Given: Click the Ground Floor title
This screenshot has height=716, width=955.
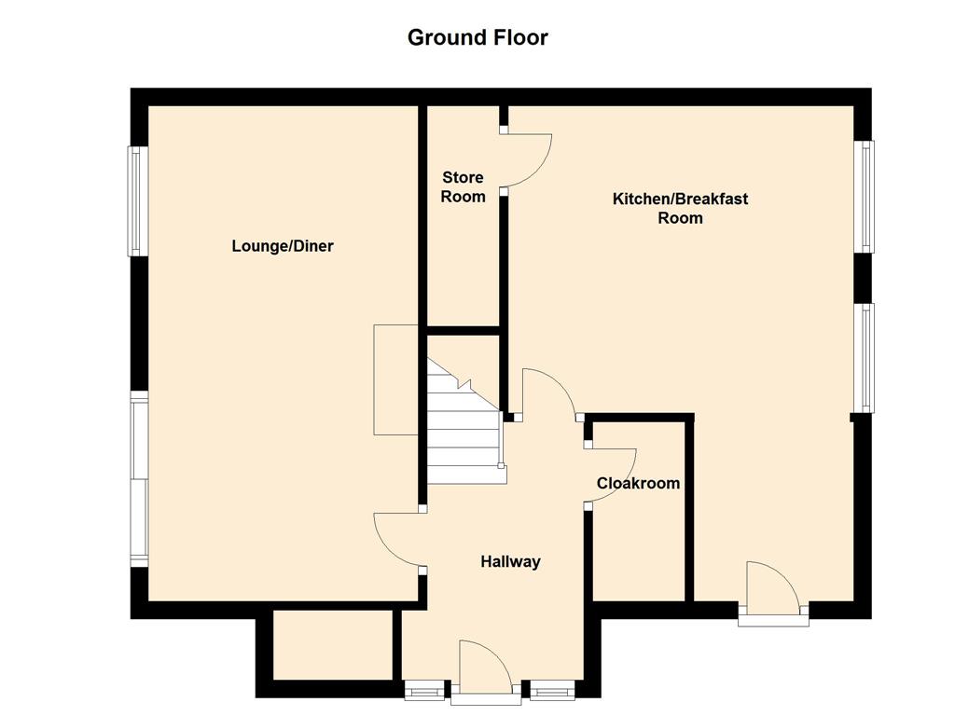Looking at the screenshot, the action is pos(477,37).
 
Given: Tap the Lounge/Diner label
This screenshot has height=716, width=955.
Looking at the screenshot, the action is pos(283,246).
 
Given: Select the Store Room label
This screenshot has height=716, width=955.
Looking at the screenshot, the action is pos(463,186).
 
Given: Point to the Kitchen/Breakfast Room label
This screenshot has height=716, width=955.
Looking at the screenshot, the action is pos(680,208).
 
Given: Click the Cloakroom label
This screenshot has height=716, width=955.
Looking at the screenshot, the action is pos(638,484).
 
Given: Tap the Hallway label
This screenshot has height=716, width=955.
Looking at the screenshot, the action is pos(510,561).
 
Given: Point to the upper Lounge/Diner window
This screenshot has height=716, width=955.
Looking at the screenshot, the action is pos(136,201).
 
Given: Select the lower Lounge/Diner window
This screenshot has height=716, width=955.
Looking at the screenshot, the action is pos(139,479).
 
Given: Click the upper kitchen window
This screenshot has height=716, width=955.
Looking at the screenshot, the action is pos(864,196).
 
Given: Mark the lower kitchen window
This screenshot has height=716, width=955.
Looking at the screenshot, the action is pos(864,358).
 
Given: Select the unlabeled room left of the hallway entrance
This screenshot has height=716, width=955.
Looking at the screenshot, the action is pos(333,644).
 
